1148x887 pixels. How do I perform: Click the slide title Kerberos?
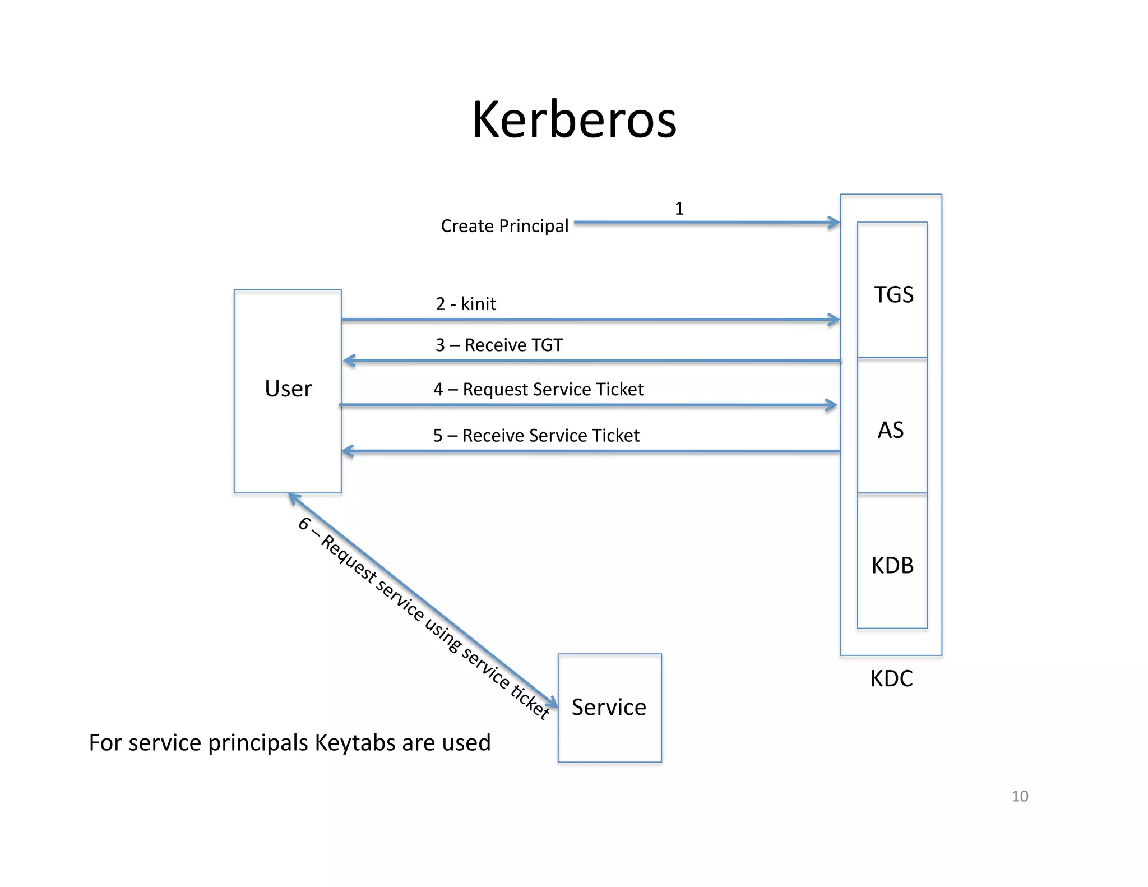coord(574,119)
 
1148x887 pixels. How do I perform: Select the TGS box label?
coord(894,294)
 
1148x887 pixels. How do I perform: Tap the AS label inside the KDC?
coord(890,430)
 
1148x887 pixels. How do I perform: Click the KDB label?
coord(892,565)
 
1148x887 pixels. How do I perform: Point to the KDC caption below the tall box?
coord(891,678)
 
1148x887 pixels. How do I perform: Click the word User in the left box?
coord(288,389)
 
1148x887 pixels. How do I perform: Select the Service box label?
coord(609,707)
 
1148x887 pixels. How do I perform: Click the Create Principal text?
coord(504,226)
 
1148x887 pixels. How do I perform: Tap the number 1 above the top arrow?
coord(679,209)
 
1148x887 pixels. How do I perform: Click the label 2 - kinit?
coord(465,304)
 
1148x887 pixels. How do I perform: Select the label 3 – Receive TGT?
coord(499,345)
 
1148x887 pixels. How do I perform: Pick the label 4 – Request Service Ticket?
coord(538,389)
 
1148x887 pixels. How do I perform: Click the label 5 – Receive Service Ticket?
coord(536,435)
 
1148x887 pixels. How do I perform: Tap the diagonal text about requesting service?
coord(423,620)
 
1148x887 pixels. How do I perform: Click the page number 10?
coord(1019,796)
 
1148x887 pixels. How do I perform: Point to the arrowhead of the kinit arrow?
coord(835,320)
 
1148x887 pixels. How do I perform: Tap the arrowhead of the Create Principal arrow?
coord(835,223)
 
